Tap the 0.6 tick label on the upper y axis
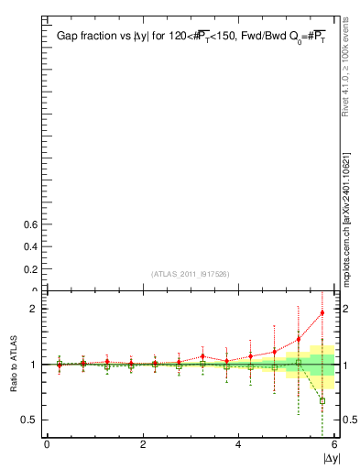27,224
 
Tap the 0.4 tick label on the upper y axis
27,247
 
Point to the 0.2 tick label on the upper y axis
27,269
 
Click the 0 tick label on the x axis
47,444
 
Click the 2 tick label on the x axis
143,444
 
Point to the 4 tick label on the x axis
238,444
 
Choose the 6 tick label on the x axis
334,444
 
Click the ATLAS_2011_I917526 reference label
190,274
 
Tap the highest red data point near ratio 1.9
322,313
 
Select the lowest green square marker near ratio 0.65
322,400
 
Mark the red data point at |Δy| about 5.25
298,339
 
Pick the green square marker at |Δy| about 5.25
298,363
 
